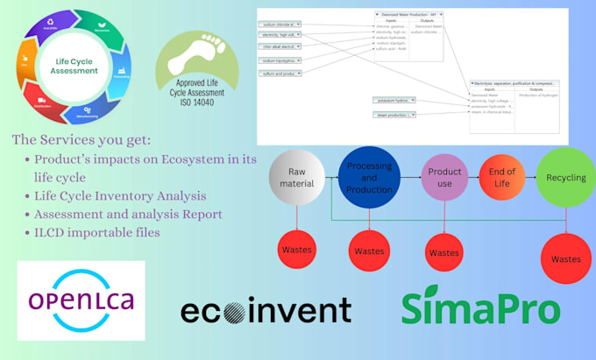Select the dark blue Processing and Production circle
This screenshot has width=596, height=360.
pos(369,177)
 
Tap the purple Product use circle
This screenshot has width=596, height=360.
pos(443,177)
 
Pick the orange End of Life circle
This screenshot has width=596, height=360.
pos(502,177)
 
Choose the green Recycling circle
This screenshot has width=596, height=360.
pos(566,177)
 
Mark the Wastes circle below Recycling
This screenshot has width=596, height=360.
pos(566,258)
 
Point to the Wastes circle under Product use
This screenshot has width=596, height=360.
pos(443,252)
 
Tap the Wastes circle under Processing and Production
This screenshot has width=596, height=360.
pos(369,251)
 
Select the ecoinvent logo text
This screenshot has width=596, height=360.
pos(266,310)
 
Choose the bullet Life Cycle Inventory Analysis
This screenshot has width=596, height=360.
pos(121,194)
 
